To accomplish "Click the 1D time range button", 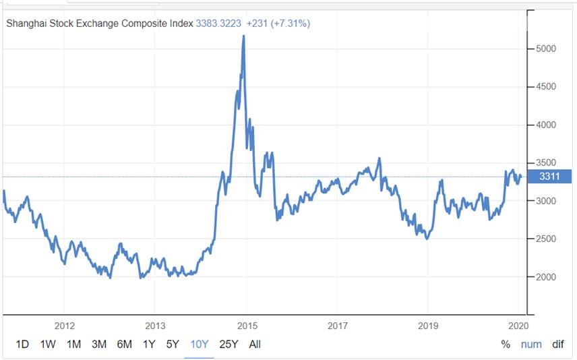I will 22,344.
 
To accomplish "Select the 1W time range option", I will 48,344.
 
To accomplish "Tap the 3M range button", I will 99,344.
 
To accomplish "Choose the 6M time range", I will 124,344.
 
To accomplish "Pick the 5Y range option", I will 173,344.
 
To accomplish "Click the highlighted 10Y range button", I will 199,344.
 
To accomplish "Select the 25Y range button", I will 229,344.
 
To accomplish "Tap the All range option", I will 255,344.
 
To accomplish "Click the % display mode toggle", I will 506,344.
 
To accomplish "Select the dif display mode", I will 557,344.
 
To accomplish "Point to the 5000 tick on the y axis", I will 546,49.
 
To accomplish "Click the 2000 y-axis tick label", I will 546,277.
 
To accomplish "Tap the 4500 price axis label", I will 546,87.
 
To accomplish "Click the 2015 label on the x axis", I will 247,326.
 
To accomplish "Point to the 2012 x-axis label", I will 64,326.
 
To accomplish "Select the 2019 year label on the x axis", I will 429,326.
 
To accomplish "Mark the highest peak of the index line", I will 243,36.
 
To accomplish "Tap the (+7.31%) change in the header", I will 291,24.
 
